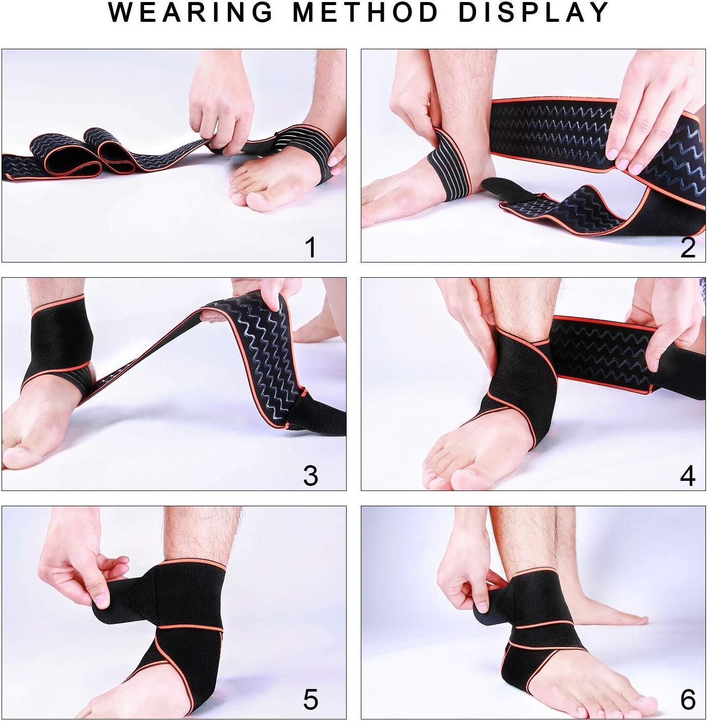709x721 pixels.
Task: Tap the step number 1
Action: click(310, 247)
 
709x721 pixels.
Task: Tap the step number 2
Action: click(688, 247)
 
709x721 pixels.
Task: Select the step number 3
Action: click(310, 475)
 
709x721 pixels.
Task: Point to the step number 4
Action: click(688, 475)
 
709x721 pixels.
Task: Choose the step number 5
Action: click(310, 699)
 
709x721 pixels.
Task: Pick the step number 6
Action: click(688, 700)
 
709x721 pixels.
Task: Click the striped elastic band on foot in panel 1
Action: click(299, 152)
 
